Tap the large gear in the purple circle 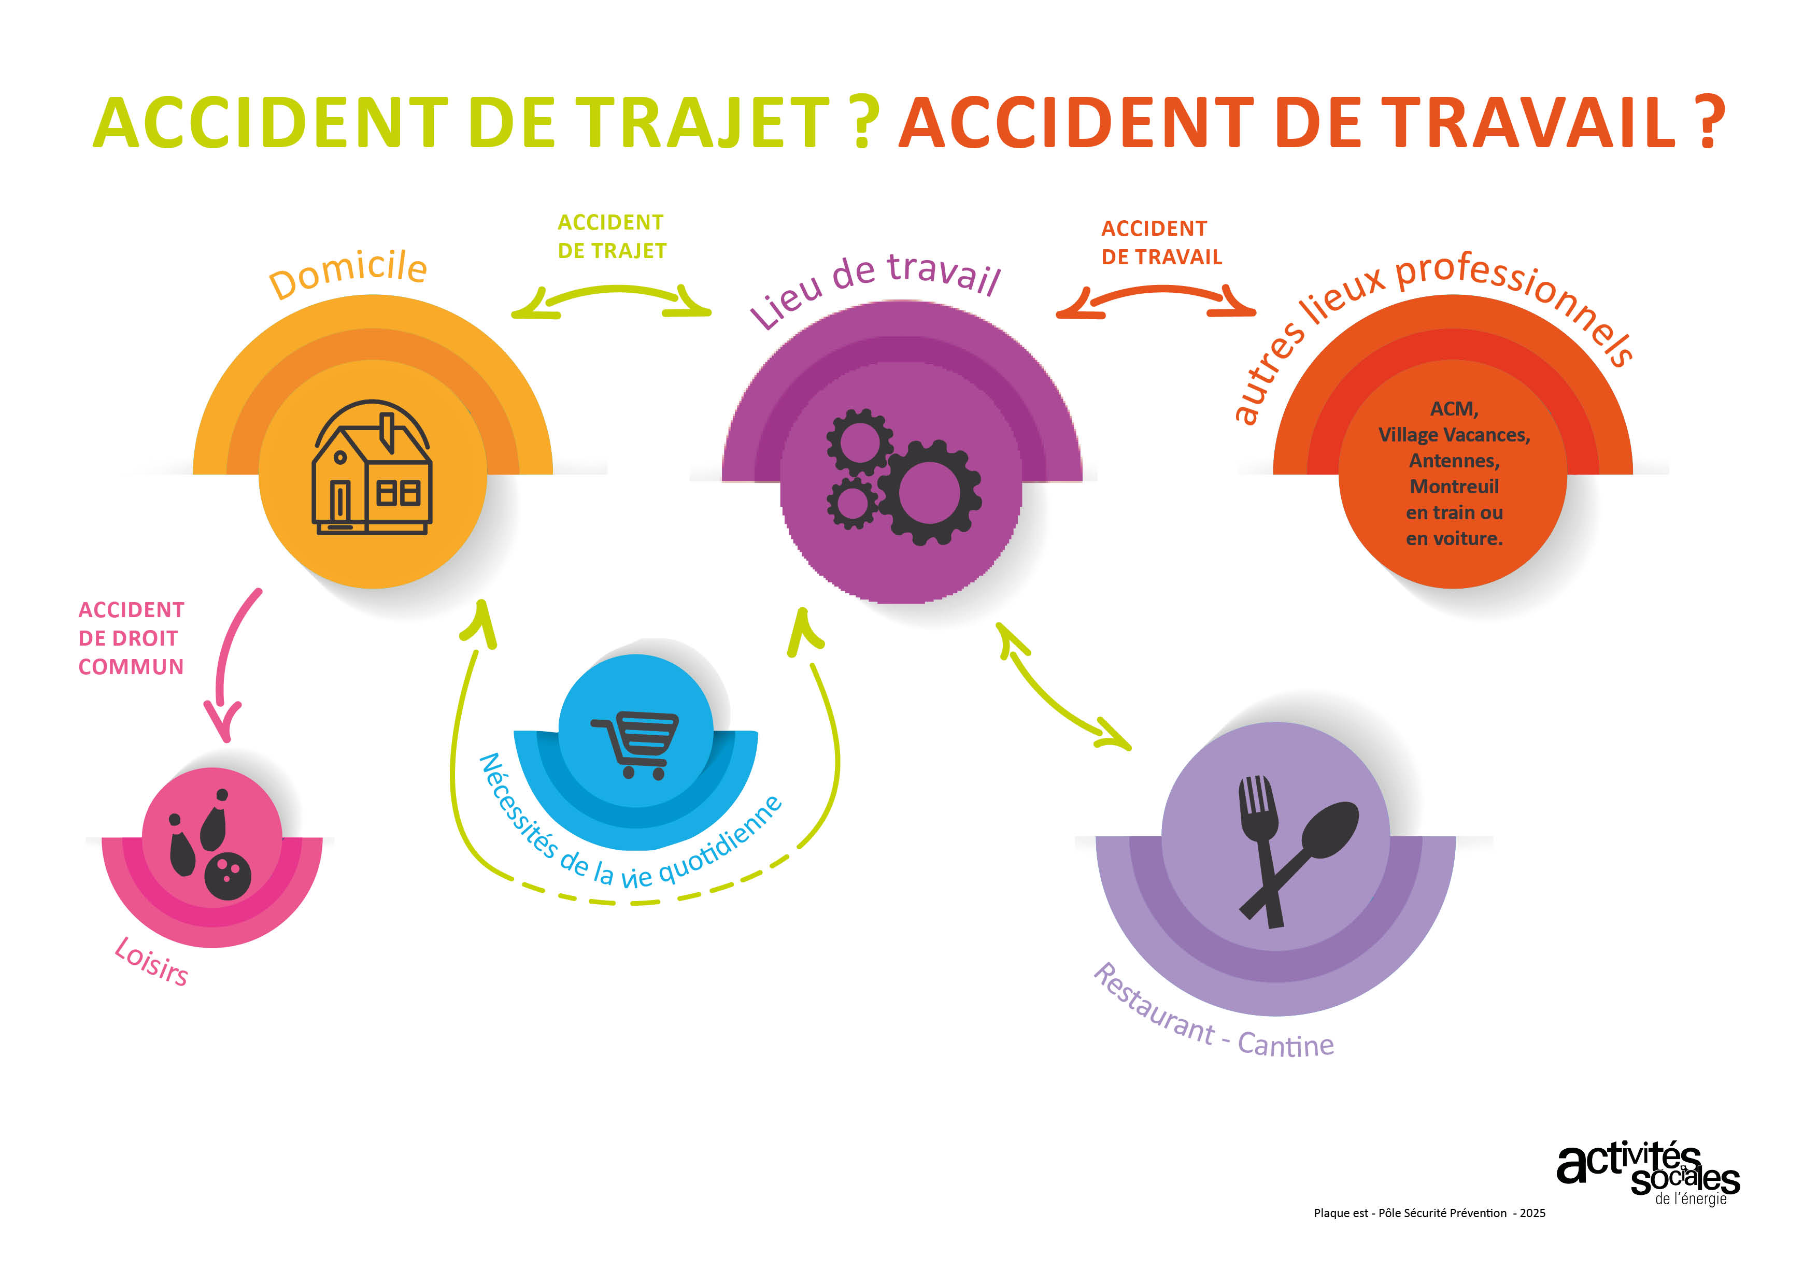[930, 492]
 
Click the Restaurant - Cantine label [1212, 1015]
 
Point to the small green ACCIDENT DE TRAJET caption [612, 236]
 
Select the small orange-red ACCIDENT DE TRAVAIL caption [1161, 242]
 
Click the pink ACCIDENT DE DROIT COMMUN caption [131, 638]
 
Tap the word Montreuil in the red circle [1454, 486]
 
